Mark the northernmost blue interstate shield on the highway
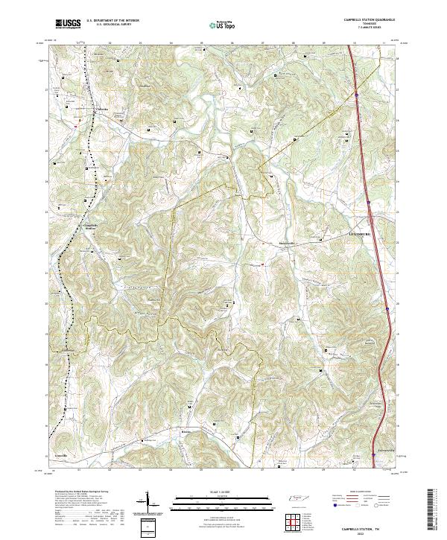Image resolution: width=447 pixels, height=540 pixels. (357, 95)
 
